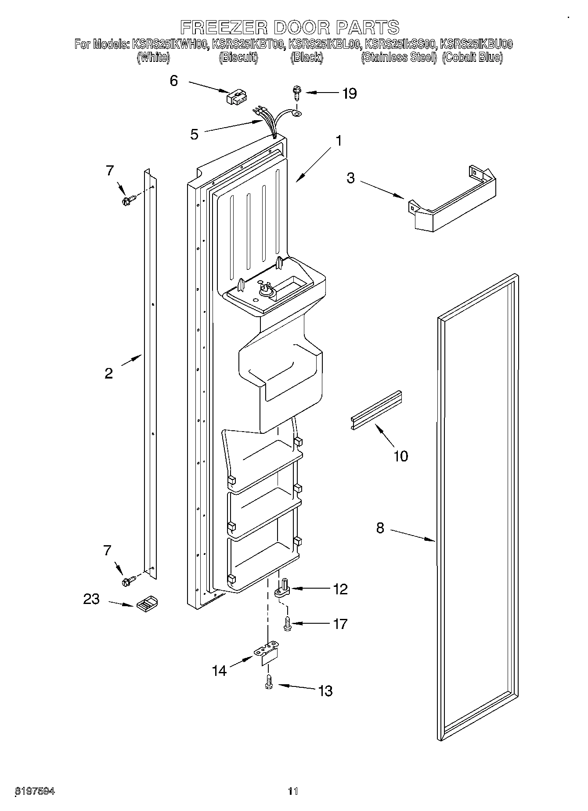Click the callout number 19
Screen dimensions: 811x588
350,93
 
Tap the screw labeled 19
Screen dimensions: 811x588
296,93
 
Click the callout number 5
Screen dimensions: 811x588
194,134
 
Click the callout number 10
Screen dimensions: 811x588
400,456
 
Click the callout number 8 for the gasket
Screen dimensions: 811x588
380,528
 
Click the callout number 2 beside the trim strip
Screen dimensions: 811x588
108,373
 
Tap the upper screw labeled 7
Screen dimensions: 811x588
127,200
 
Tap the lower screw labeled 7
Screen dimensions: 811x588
128,581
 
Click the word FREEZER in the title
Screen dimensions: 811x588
224,27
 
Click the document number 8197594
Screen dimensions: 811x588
35,791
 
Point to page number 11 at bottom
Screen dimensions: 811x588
293,791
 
